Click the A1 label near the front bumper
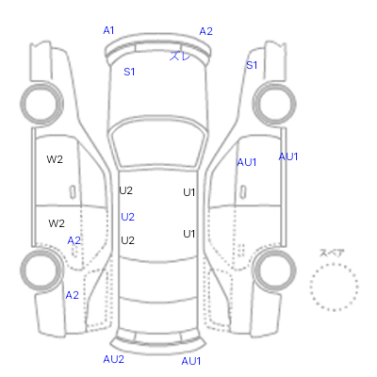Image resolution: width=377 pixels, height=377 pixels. pos(108,30)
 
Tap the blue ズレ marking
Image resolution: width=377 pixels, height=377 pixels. pos(180,57)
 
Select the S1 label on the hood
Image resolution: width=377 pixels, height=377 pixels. pos(129,72)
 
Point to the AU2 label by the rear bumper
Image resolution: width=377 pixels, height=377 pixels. pos(113,359)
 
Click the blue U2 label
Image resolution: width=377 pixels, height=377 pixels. pos(127,217)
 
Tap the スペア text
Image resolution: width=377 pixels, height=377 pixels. pos(332,253)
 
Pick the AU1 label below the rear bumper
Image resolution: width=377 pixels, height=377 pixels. pos(190,361)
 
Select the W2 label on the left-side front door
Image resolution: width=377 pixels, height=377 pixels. pos(55,159)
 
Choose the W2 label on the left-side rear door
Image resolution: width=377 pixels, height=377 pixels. pos(57,223)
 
